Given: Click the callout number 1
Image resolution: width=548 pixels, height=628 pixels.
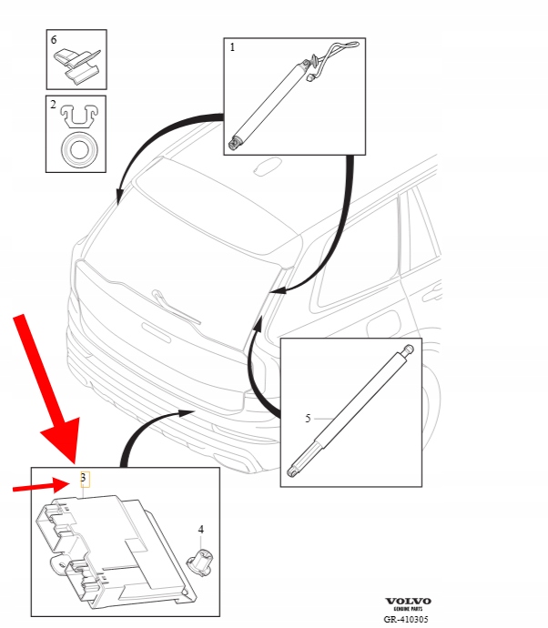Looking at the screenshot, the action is point(232,47).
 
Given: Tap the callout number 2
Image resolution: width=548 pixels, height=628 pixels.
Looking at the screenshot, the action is point(54,105).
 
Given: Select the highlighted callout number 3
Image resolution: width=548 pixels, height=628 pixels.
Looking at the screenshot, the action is point(84,478).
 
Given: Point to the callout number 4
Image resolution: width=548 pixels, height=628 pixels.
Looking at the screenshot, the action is point(200,530).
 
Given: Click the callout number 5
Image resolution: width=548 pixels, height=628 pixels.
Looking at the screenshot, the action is point(308,419).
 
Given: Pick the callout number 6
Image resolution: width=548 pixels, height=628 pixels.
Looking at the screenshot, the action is point(54,40).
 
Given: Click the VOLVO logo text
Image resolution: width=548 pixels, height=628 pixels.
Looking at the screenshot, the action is point(408,602).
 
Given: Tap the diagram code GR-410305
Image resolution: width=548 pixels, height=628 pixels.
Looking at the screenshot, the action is point(406,619).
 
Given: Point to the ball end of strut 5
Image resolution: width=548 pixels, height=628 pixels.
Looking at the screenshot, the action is point(408,349).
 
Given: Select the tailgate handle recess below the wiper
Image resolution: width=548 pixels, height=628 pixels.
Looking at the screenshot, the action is point(157,332).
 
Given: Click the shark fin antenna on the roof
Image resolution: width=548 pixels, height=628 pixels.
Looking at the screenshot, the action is point(267,166).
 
